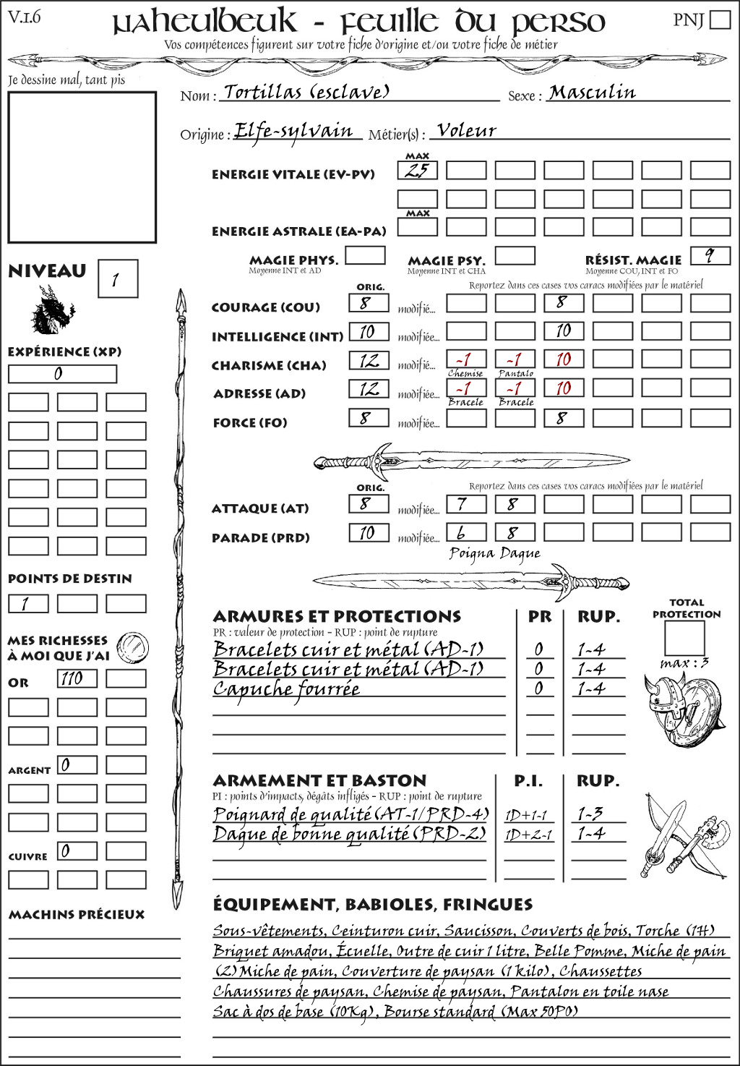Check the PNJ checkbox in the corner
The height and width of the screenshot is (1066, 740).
(x=720, y=20)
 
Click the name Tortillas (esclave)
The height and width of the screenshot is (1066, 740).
(x=306, y=92)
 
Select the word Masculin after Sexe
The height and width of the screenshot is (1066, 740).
(x=592, y=93)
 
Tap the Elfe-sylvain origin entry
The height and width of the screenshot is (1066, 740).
(x=294, y=132)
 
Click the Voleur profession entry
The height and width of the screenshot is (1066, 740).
(x=467, y=131)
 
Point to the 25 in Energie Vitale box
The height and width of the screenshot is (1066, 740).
(x=417, y=171)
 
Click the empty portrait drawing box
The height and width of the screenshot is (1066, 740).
(x=82, y=167)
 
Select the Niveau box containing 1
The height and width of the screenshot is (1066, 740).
(x=117, y=278)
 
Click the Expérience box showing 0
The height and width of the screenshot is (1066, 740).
(x=62, y=374)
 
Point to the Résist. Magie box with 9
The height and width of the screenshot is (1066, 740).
(x=710, y=256)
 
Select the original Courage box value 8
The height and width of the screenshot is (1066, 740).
(x=369, y=303)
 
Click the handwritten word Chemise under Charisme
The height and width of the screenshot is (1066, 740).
(x=465, y=373)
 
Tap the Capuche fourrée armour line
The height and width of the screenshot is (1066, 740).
(x=286, y=689)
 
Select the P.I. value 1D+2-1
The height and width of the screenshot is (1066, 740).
(x=528, y=835)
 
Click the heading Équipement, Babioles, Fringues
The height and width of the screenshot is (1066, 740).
(x=372, y=904)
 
